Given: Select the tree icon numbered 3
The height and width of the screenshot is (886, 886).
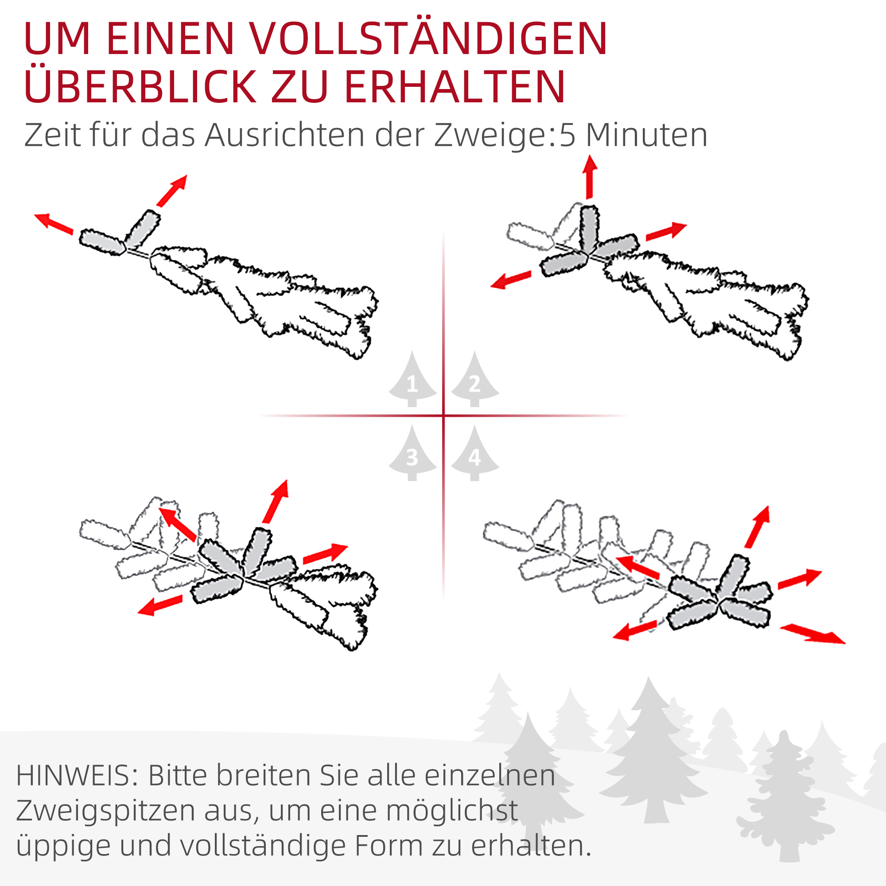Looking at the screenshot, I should pyautogui.click(x=412, y=455).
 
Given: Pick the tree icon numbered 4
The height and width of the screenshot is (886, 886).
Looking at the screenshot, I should pyautogui.click(x=474, y=455).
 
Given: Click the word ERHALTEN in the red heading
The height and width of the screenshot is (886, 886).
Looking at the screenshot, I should pyautogui.click(x=454, y=87).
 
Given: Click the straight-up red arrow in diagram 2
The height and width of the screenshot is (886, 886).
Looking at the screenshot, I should pyautogui.click(x=590, y=177).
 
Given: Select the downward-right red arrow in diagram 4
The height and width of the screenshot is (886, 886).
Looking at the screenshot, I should pyautogui.click(x=812, y=634).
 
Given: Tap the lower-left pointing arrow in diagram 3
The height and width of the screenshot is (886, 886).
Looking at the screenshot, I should pyautogui.click(x=160, y=605).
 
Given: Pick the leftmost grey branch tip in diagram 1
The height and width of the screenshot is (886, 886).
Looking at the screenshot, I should pyautogui.click(x=102, y=242).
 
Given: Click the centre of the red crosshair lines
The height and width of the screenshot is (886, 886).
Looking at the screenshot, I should pyautogui.click(x=443, y=416).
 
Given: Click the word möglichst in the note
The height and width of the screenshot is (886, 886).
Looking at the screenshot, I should pyautogui.click(x=452, y=811).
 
